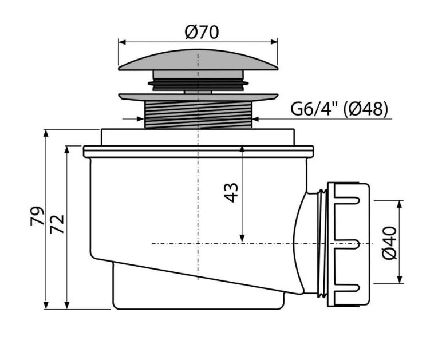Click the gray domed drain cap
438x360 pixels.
click(x=198, y=61)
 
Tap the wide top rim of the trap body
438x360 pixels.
click(x=198, y=151)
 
